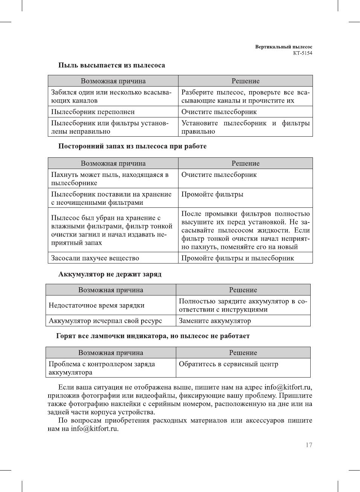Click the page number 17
pos(309,445)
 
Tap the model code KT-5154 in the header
pos(302,53)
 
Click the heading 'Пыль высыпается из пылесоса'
pos(111,65)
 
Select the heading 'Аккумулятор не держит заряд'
pos(110,274)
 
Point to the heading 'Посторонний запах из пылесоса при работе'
pos(132,146)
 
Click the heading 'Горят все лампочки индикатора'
pos(153,336)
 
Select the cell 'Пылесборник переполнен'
pos(93,112)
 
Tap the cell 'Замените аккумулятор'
pos(215,321)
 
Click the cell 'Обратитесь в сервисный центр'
pos(229,364)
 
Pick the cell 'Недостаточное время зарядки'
pos(96,305)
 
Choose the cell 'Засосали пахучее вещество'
pos(95,258)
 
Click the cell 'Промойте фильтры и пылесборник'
pos(238,258)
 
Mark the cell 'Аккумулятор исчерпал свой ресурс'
pos(105,321)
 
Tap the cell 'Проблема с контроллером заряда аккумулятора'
pos(102,368)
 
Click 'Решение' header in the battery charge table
pos(243,290)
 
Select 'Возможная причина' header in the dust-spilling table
pos(113,81)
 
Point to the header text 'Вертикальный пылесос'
pos(284,47)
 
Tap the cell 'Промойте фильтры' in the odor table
pos(212,194)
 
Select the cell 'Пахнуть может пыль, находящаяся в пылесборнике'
pos(110,179)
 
